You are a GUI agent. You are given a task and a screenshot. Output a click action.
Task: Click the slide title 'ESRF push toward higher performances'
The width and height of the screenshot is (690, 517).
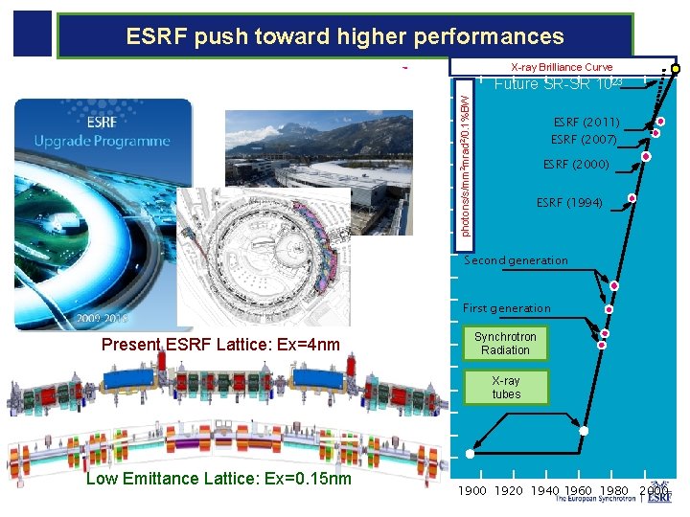click(345, 37)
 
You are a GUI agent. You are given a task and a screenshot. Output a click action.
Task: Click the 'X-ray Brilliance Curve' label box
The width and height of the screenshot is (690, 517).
click(562, 67)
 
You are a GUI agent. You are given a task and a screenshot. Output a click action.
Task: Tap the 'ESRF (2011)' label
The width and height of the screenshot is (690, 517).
click(586, 123)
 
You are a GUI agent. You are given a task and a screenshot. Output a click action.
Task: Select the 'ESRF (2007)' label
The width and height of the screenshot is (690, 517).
click(585, 139)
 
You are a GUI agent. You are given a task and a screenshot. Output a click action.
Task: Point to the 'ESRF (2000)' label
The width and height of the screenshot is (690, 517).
click(575, 165)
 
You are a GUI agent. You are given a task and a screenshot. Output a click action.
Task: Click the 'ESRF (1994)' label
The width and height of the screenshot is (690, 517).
click(569, 203)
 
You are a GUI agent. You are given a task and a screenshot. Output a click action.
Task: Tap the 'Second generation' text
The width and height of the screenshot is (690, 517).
click(516, 260)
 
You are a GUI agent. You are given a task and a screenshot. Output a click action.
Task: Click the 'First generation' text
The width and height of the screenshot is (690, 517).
click(507, 308)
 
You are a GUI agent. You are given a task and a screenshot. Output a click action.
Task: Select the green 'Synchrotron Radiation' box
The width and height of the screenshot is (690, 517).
click(505, 344)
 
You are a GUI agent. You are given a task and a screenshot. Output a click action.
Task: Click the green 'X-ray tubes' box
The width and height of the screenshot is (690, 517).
click(506, 387)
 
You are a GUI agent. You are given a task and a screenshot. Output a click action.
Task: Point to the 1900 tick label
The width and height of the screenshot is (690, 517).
click(471, 491)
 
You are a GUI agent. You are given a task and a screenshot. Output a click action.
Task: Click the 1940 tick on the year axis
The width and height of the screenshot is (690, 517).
click(545, 491)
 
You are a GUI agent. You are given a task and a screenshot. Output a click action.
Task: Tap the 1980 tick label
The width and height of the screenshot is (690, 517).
click(614, 491)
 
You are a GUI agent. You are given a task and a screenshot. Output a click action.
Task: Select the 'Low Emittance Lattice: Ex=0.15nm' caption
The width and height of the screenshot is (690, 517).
click(218, 479)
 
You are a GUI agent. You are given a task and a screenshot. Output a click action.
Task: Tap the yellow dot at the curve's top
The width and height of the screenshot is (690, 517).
click(676, 70)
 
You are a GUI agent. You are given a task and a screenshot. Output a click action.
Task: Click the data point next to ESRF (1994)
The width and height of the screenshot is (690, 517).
click(632, 198)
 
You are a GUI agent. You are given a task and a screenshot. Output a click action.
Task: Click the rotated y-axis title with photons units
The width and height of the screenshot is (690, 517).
click(465, 159)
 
